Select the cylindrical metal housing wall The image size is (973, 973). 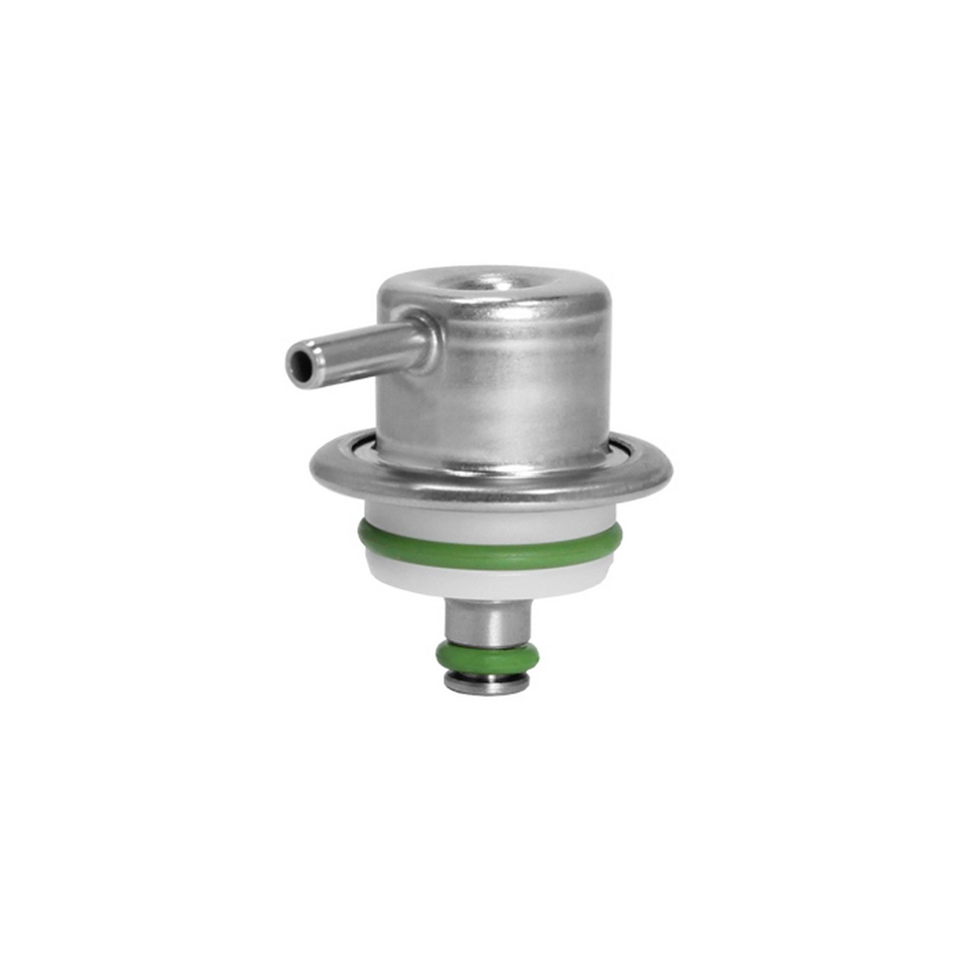tap(516, 389)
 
